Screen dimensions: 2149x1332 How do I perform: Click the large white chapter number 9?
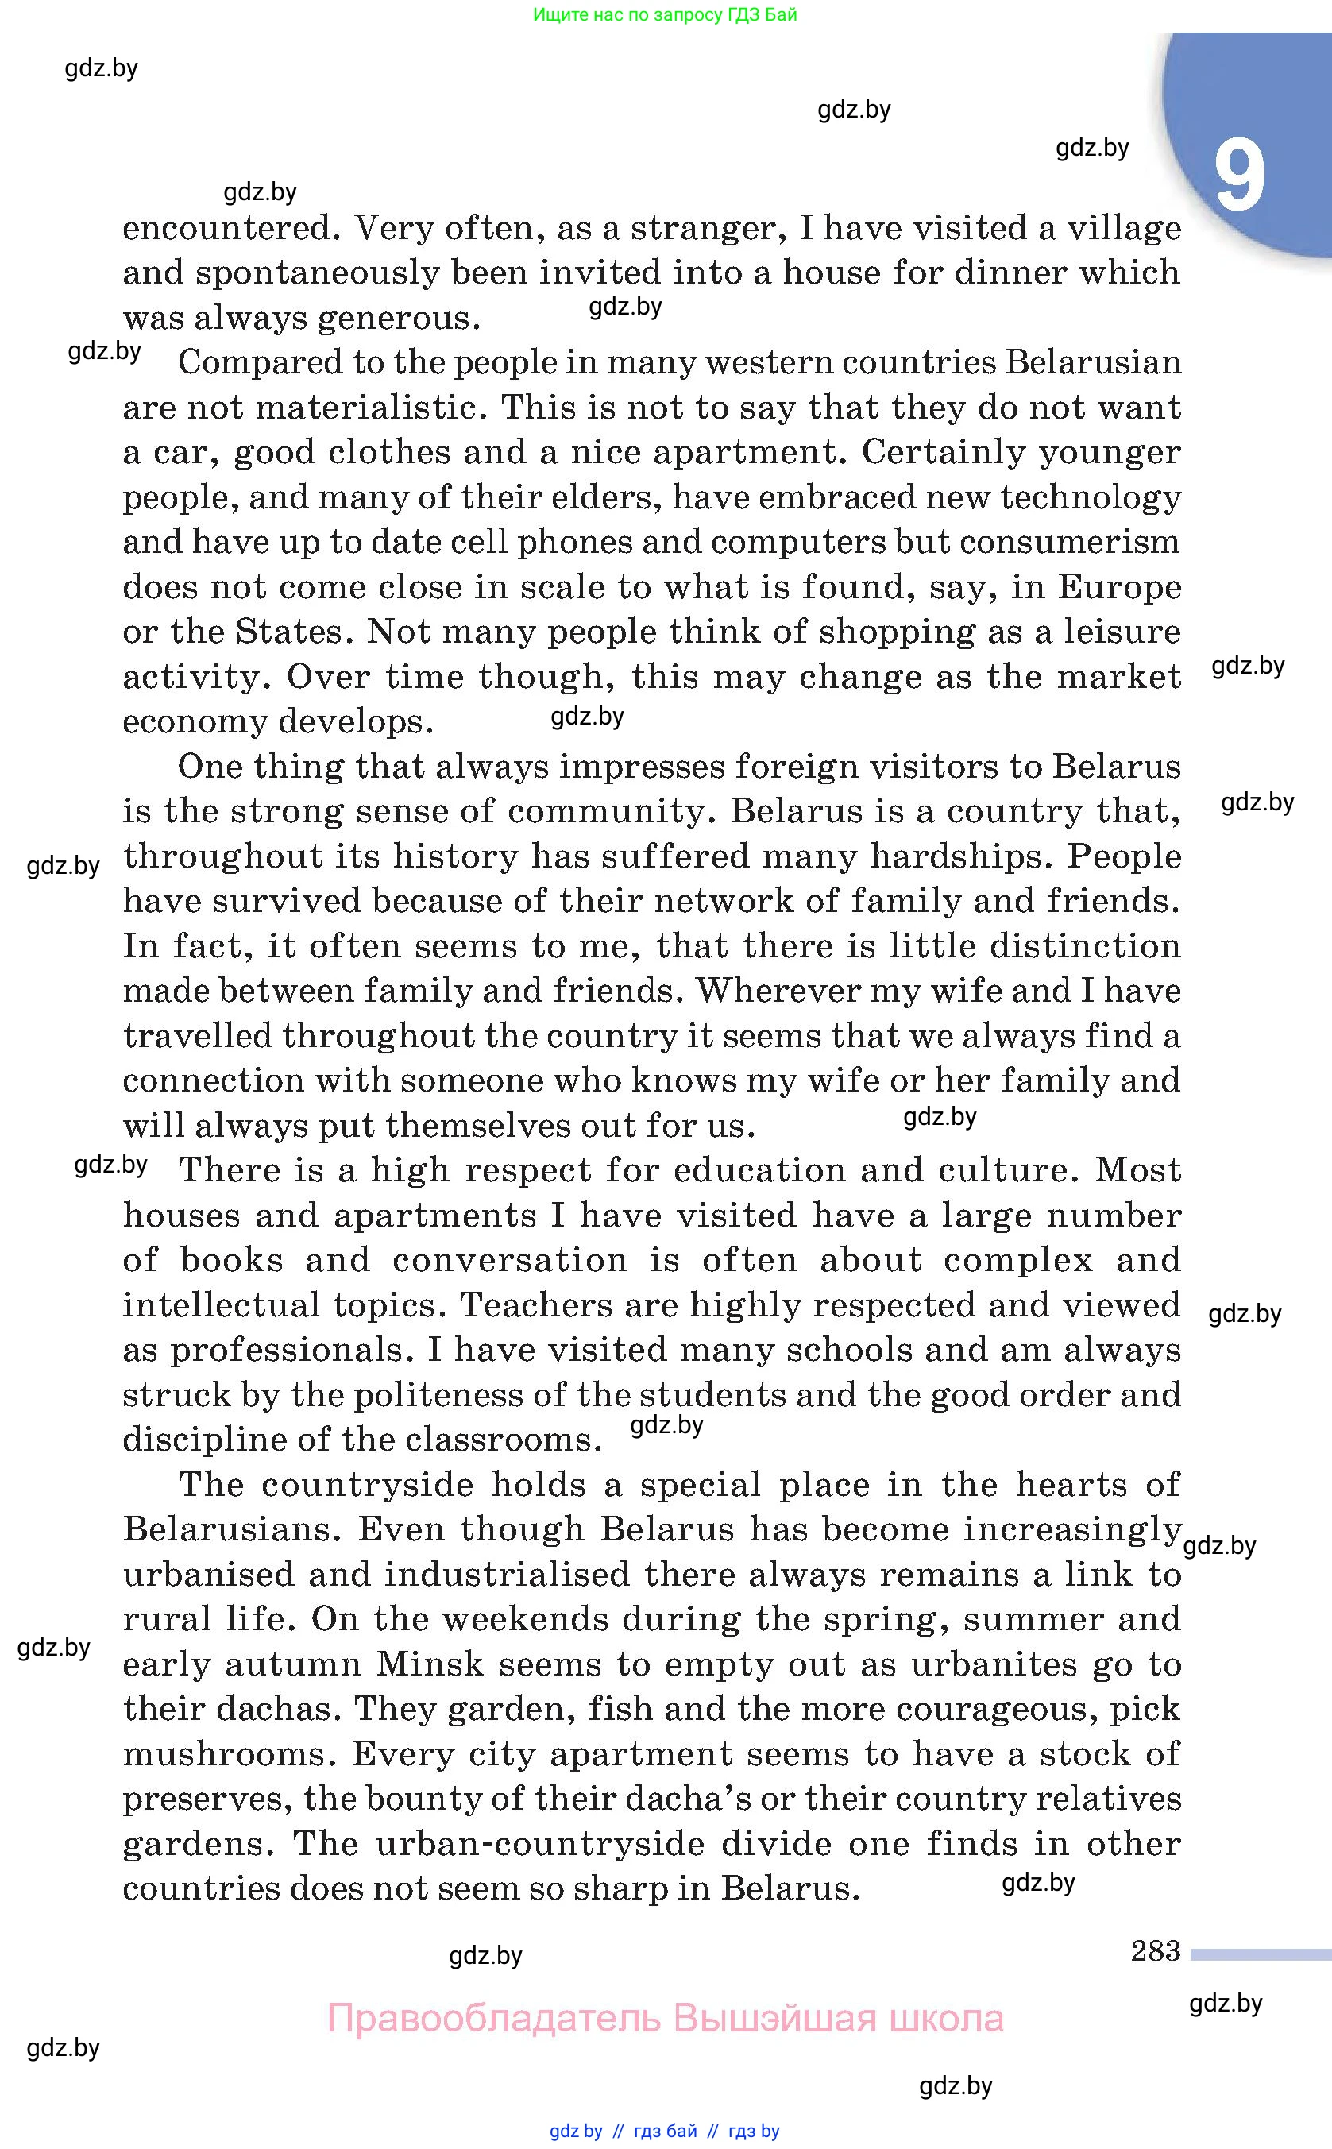click(x=1238, y=176)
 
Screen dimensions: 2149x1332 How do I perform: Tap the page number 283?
click(x=1155, y=1950)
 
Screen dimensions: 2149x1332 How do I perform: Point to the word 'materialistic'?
click(x=375, y=408)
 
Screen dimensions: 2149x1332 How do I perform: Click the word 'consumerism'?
click(x=1069, y=542)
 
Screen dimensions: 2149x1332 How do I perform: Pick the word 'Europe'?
click(x=1119, y=587)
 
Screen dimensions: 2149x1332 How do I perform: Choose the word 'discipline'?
click(x=203, y=1440)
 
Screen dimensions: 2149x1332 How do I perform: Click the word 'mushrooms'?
click(x=229, y=1754)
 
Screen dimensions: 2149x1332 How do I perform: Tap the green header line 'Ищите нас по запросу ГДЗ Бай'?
click(x=665, y=15)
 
